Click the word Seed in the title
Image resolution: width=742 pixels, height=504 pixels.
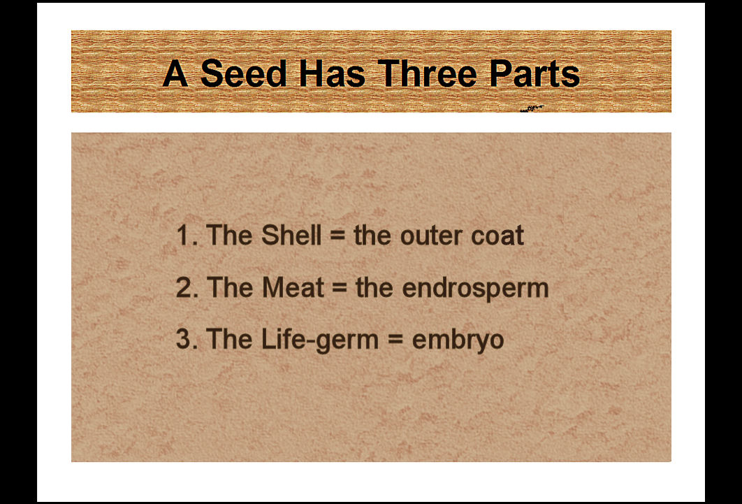pyautogui.click(x=244, y=73)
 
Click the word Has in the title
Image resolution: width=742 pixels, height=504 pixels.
pyautogui.click(x=332, y=73)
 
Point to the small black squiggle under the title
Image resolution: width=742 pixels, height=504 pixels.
pyautogui.click(x=532, y=109)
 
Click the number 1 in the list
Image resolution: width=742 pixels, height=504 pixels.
pyautogui.click(x=182, y=235)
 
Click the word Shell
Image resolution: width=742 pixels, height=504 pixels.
pyautogui.click(x=291, y=235)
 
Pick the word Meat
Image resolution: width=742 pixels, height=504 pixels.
pyautogui.click(x=293, y=287)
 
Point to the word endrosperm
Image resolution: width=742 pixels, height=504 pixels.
pyautogui.click(x=476, y=288)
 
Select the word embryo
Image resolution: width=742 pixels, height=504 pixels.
pyautogui.click(x=458, y=340)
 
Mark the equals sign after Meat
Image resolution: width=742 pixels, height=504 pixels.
pyautogui.click(x=340, y=288)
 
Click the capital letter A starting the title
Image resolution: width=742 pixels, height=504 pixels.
pyautogui.click(x=175, y=73)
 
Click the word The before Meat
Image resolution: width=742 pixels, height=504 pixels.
pyautogui.click(x=230, y=287)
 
